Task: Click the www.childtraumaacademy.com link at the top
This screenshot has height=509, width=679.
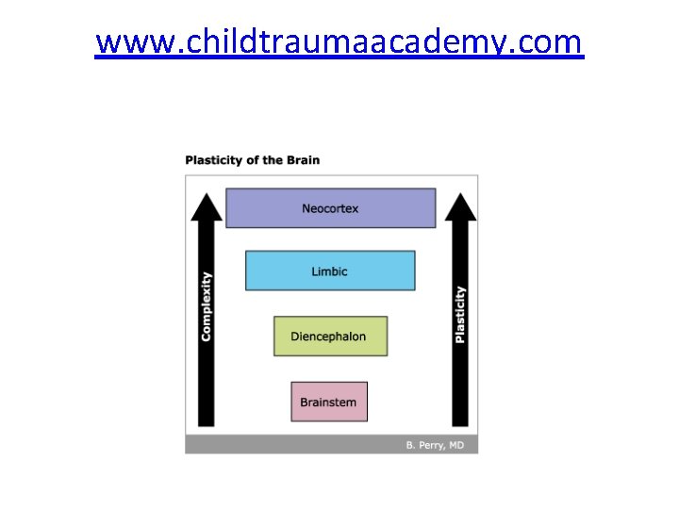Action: point(339,42)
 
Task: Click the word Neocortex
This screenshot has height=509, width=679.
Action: point(330,208)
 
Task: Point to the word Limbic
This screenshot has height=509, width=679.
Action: point(330,271)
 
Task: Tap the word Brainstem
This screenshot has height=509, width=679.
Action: point(328,402)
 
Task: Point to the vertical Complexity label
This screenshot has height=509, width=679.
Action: point(207,306)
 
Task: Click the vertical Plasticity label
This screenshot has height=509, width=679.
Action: point(460,314)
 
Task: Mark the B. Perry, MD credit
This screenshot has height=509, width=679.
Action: point(435,445)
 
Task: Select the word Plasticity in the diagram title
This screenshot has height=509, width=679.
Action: point(213,160)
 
